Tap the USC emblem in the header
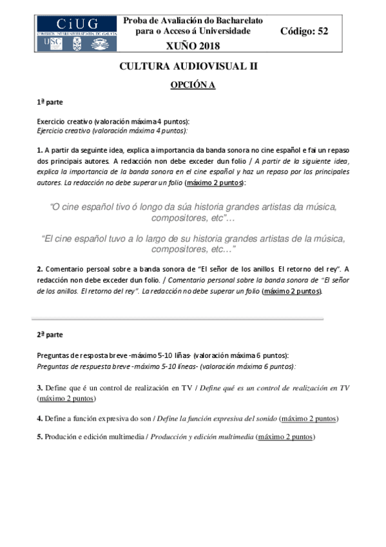tap(51, 42)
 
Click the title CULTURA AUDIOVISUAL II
tap(193, 66)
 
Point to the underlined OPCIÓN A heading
tap(193, 85)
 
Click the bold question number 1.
tap(39, 149)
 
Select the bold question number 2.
tap(39, 268)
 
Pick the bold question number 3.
tap(39, 388)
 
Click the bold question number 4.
tap(39, 418)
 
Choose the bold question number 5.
tap(39, 437)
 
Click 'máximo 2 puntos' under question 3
tap(64, 399)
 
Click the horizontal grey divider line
tap(177, 319)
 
